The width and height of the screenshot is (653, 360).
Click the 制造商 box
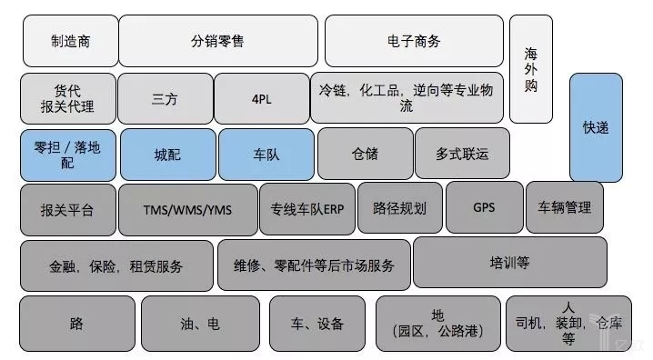(x=70, y=41)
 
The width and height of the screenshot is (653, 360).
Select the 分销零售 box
(x=218, y=41)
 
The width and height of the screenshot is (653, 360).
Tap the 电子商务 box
(x=414, y=41)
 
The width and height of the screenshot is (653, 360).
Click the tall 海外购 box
(x=531, y=69)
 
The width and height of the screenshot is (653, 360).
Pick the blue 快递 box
(x=596, y=127)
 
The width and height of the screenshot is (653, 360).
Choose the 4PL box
(x=262, y=98)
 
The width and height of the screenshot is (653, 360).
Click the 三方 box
(x=166, y=98)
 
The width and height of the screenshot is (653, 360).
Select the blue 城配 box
(x=168, y=155)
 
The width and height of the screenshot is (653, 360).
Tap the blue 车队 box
(x=266, y=155)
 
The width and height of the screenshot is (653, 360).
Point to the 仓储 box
(x=366, y=154)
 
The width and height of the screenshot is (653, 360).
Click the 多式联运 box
(x=462, y=154)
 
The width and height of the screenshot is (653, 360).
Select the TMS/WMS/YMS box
(x=188, y=210)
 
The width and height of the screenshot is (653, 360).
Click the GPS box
(x=485, y=207)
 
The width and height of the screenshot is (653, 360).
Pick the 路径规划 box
(x=400, y=207)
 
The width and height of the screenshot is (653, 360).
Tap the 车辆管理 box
(x=565, y=207)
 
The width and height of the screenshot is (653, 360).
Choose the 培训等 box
(x=509, y=263)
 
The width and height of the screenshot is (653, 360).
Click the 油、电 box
(x=200, y=324)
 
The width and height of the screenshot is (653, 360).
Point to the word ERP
(x=334, y=209)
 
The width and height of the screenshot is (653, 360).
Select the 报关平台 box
(x=68, y=210)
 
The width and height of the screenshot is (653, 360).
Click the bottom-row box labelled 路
(x=77, y=324)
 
